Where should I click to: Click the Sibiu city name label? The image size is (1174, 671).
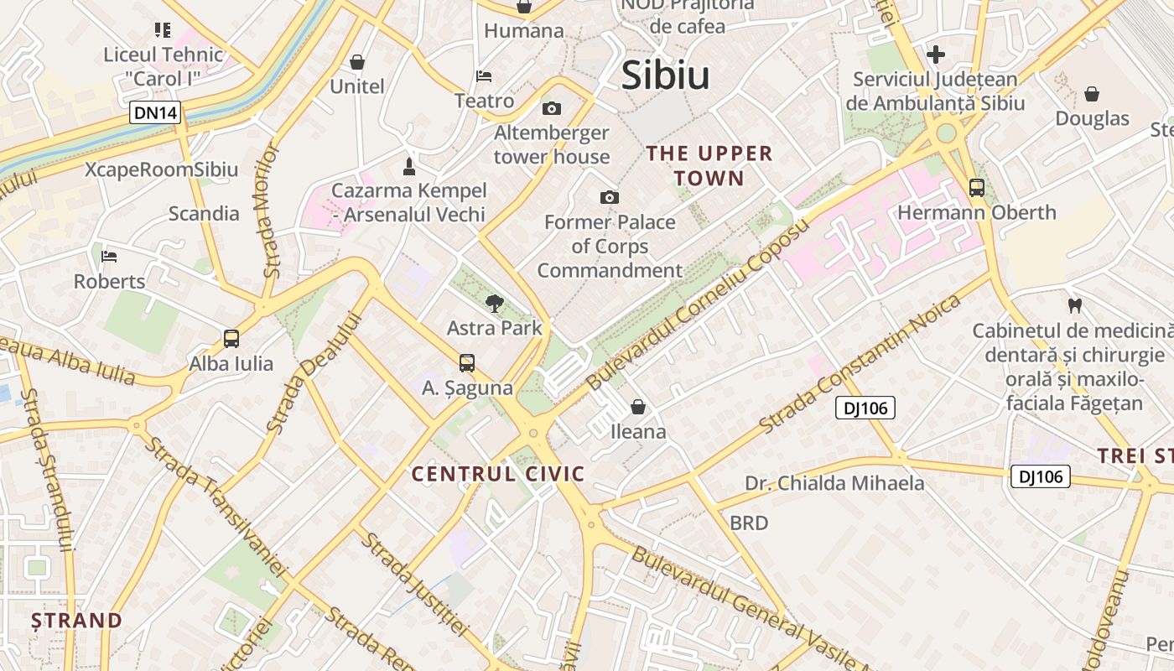(665, 75)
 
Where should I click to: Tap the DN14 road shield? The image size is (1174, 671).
(155, 112)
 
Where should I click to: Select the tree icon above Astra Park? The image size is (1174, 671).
(495, 303)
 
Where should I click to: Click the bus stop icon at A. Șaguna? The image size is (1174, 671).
(467, 363)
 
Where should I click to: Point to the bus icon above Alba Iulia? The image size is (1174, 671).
(231, 339)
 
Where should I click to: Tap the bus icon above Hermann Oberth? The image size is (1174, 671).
(977, 188)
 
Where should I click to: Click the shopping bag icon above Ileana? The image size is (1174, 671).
(638, 407)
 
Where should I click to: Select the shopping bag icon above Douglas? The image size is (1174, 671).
(1092, 94)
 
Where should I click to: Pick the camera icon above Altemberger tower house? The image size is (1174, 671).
(551, 108)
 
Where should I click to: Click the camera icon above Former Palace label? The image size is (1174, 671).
(610, 197)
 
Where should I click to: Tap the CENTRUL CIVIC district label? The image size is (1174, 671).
(498, 474)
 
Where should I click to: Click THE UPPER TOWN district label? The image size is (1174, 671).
(709, 165)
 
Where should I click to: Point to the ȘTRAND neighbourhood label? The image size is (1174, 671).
(77, 621)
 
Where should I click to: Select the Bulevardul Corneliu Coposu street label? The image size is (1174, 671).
(699, 304)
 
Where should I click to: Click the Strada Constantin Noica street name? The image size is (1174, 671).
(860, 365)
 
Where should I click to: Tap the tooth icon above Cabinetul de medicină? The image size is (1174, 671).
(1073, 306)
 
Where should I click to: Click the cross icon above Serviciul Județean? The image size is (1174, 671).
(935, 55)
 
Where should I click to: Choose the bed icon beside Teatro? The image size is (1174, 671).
(484, 76)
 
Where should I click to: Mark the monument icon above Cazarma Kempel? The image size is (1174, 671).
(409, 165)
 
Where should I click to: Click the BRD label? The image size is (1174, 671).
(749, 523)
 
